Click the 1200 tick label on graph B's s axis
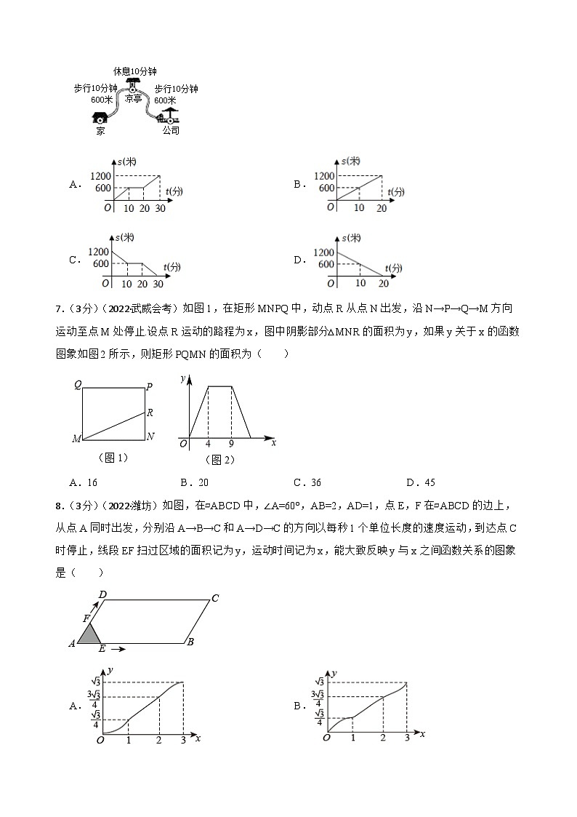tap(325, 176)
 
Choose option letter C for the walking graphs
tap(73, 260)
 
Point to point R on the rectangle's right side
tap(149, 413)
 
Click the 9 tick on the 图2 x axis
tap(231, 443)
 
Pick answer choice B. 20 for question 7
tap(194, 482)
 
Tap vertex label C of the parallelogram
tap(215, 599)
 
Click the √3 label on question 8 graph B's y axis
tap(318, 682)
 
